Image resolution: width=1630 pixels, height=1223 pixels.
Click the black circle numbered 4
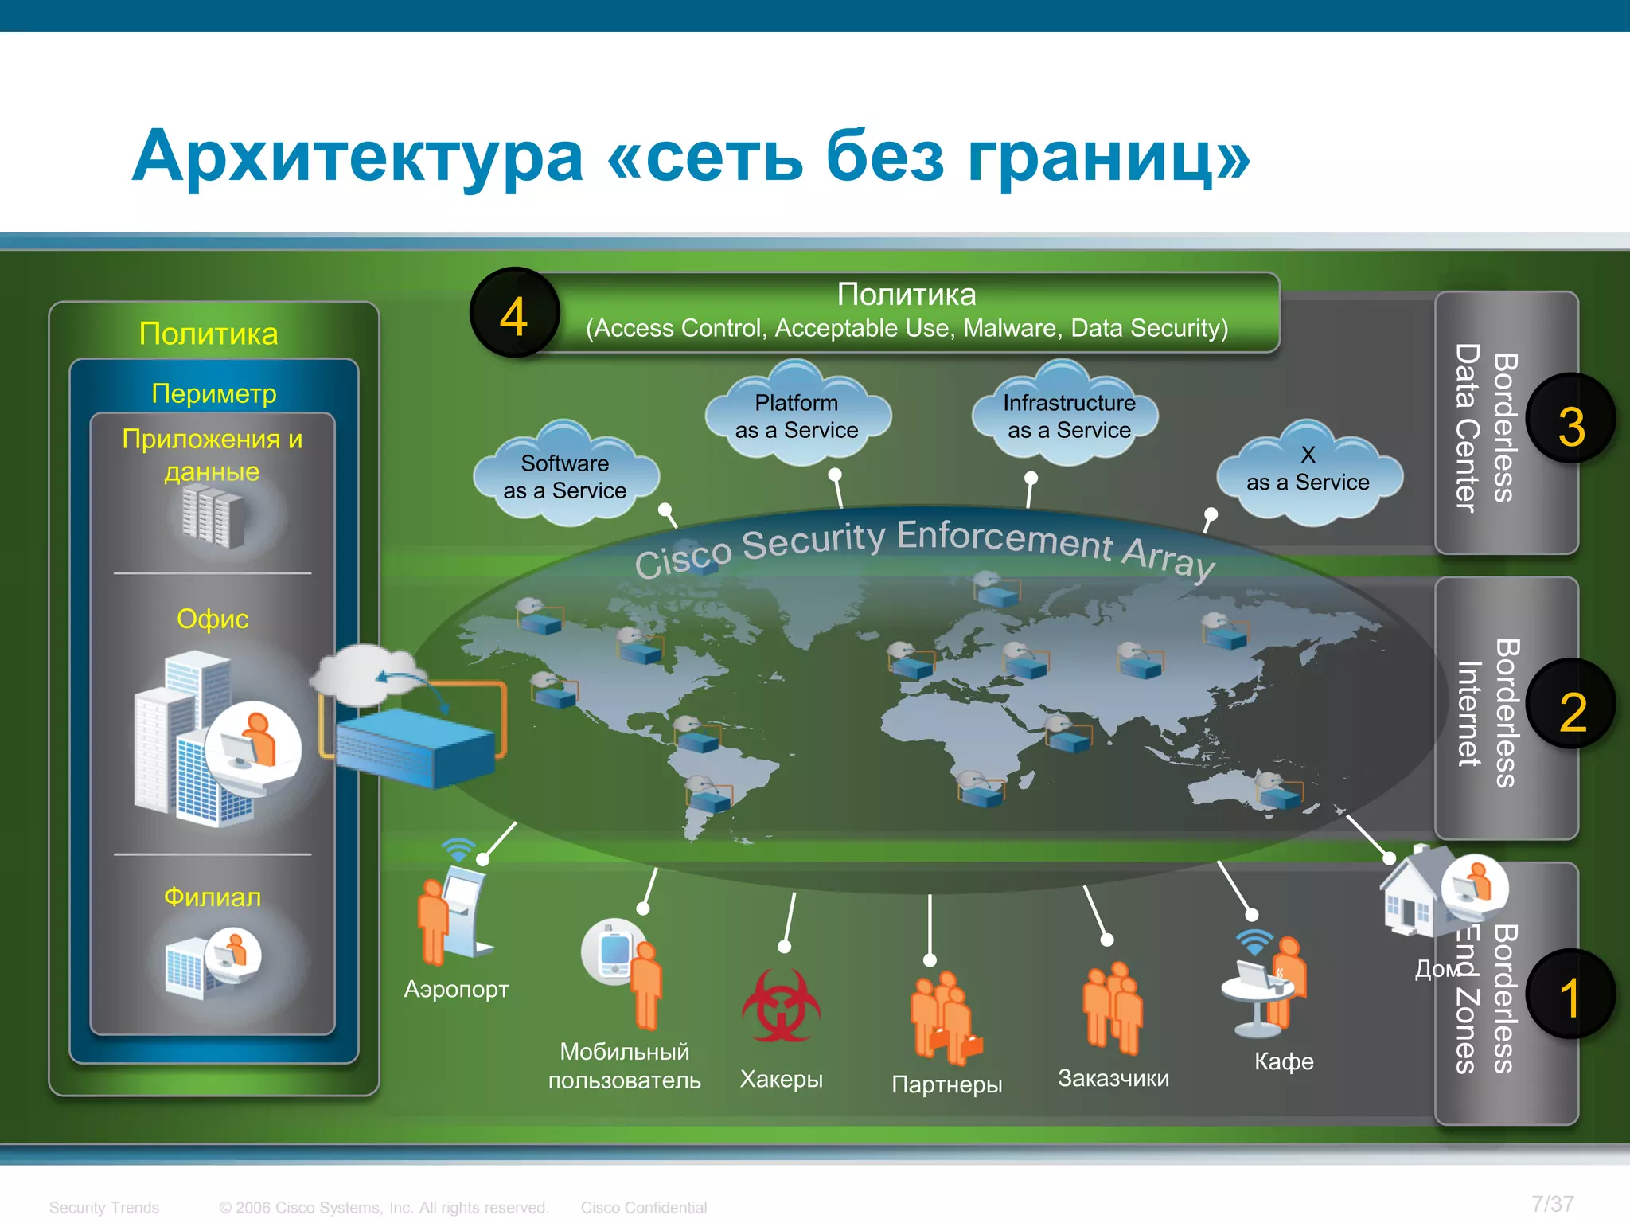click(x=514, y=314)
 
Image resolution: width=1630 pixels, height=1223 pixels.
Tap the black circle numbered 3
click(x=1570, y=420)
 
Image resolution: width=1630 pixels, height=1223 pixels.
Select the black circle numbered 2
click(x=1570, y=706)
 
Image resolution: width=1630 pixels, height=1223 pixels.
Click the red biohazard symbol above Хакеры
click(x=781, y=1006)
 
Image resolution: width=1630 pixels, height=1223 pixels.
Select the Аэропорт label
click(x=456, y=989)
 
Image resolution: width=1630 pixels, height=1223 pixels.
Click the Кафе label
click(x=1283, y=1061)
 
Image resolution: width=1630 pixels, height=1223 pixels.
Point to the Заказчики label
click(x=1113, y=1078)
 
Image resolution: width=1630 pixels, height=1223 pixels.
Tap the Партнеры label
click(x=946, y=1084)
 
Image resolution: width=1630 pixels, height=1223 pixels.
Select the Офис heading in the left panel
click(x=213, y=619)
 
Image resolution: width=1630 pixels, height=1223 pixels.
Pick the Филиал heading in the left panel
click(x=213, y=897)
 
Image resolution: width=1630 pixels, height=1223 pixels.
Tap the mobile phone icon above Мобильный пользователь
click(x=613, y=952)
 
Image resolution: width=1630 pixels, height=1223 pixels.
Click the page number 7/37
click(x=1552, y=1204)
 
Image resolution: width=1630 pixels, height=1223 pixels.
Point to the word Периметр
click(x=214, y=393)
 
